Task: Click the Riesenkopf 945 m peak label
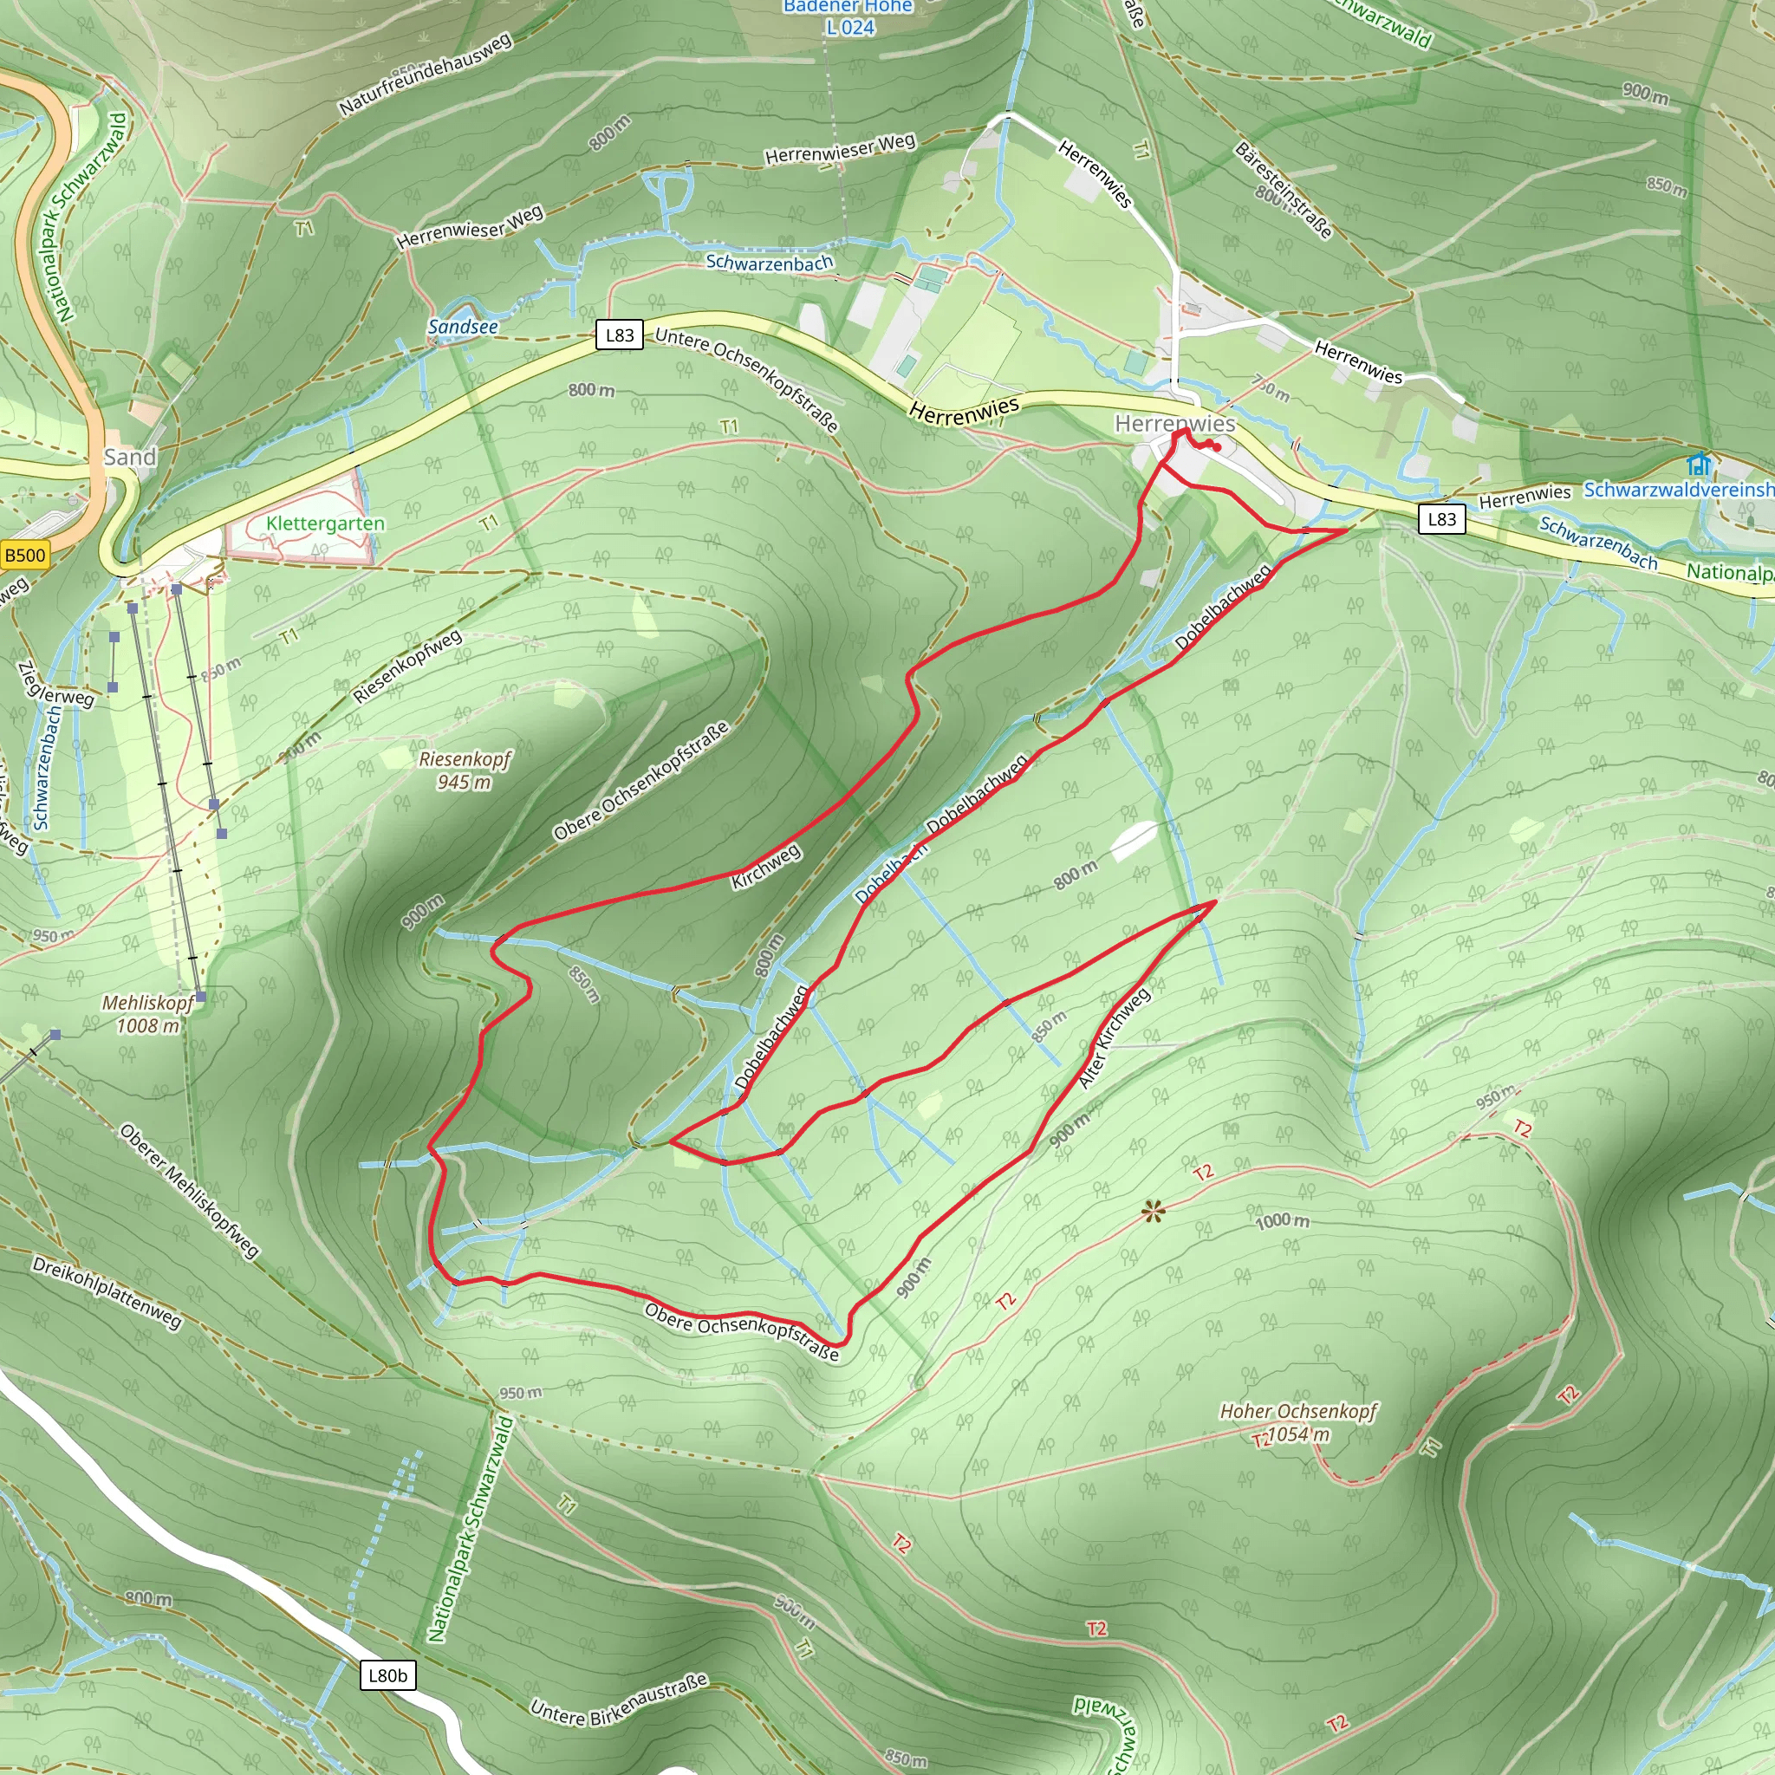(464, 770)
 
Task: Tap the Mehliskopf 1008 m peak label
(148, 1013)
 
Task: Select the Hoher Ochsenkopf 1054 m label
(1298, 1422)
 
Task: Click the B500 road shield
(25, 555)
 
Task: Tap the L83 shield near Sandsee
(619, 335)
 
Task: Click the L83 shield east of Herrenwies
(1441, 519)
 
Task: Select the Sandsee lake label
(463, 327)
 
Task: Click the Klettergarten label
(325, 523)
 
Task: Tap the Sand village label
(129, 458)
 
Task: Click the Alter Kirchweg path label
(1114, 1038)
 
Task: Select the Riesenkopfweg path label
(407, 666)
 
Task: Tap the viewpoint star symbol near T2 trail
(1153, 1213)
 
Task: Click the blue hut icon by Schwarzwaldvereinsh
(1699, 464)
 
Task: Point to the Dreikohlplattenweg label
(107, 1291)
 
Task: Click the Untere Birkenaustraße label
(619, 1700)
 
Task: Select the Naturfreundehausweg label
(425, 75)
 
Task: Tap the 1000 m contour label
(1283, 1221)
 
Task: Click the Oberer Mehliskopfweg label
(189, 1191)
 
